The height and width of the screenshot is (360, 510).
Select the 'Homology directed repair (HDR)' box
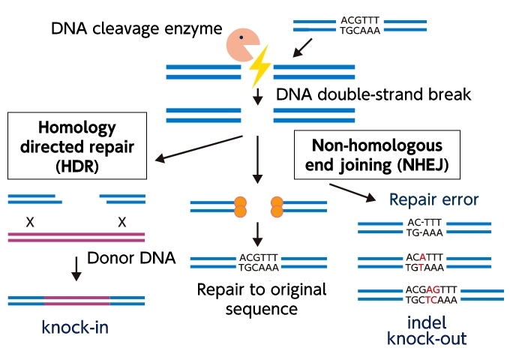pos(76,147)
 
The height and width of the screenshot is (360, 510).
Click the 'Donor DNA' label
pos(131,259)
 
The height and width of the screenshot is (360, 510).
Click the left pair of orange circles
pos(241,207)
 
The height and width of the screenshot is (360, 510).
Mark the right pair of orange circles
pos(276,207)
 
